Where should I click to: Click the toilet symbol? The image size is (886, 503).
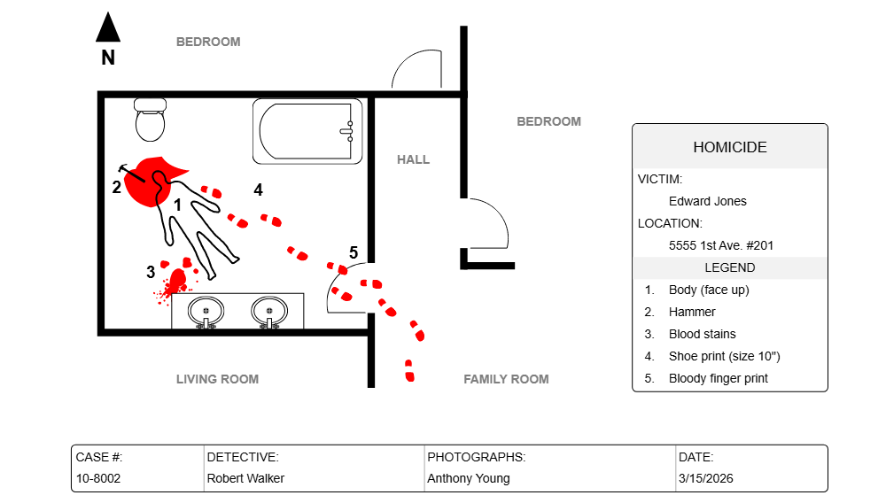[x=151, y=120]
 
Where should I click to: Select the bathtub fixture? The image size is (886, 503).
[x=307, y=131]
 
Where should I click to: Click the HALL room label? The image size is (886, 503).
[x=413, y=159]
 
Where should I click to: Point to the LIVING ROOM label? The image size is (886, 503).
[x=217, y=379]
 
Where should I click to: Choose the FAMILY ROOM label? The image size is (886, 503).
[x=506, y=379]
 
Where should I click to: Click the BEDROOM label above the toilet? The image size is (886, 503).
[x=207, y=42]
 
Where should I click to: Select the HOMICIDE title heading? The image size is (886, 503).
[x=729, y=147]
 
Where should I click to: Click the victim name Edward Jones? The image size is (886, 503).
[x=707, y=201]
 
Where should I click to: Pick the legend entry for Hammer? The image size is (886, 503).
[x=691, y=312]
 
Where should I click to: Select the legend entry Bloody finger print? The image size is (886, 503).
[x=718, y=378]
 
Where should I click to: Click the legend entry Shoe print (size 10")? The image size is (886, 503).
[x=724, y=356]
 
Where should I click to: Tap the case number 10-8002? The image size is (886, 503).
[x=97, y=478]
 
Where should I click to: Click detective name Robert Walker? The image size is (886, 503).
[x=245, y=478]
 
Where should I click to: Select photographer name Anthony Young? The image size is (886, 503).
[x=468, y=478]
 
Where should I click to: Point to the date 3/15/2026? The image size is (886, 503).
[x=705, y=478]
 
